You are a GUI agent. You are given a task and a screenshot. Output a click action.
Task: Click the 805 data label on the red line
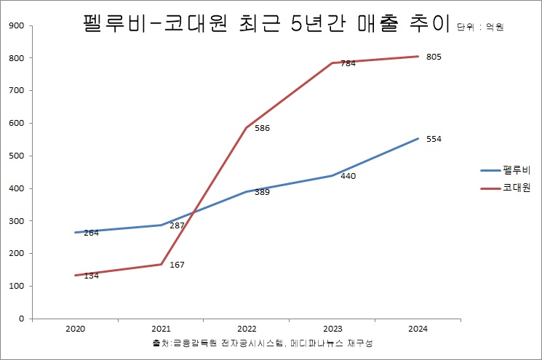[434, 57]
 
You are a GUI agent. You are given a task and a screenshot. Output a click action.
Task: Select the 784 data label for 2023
[348, 64]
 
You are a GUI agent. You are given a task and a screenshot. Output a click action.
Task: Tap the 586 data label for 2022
[262, 129]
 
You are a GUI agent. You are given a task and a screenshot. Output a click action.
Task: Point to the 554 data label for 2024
[434, 139]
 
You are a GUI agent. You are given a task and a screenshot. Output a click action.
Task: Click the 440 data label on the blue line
[348, 177]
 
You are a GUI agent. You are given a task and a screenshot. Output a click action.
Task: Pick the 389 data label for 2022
[262, 193]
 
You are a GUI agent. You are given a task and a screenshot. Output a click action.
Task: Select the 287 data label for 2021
[178, 226]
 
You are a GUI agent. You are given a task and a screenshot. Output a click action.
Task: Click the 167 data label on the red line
[177, 265]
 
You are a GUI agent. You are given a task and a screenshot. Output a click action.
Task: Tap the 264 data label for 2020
[91, 233]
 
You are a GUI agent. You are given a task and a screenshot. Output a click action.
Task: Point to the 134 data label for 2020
[91, 276]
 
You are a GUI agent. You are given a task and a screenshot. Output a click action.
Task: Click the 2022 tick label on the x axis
[247, 329]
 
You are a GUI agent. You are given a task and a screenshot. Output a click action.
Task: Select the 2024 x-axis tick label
[418, 329]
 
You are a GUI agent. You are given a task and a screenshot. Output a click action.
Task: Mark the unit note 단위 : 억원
[481, 28]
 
